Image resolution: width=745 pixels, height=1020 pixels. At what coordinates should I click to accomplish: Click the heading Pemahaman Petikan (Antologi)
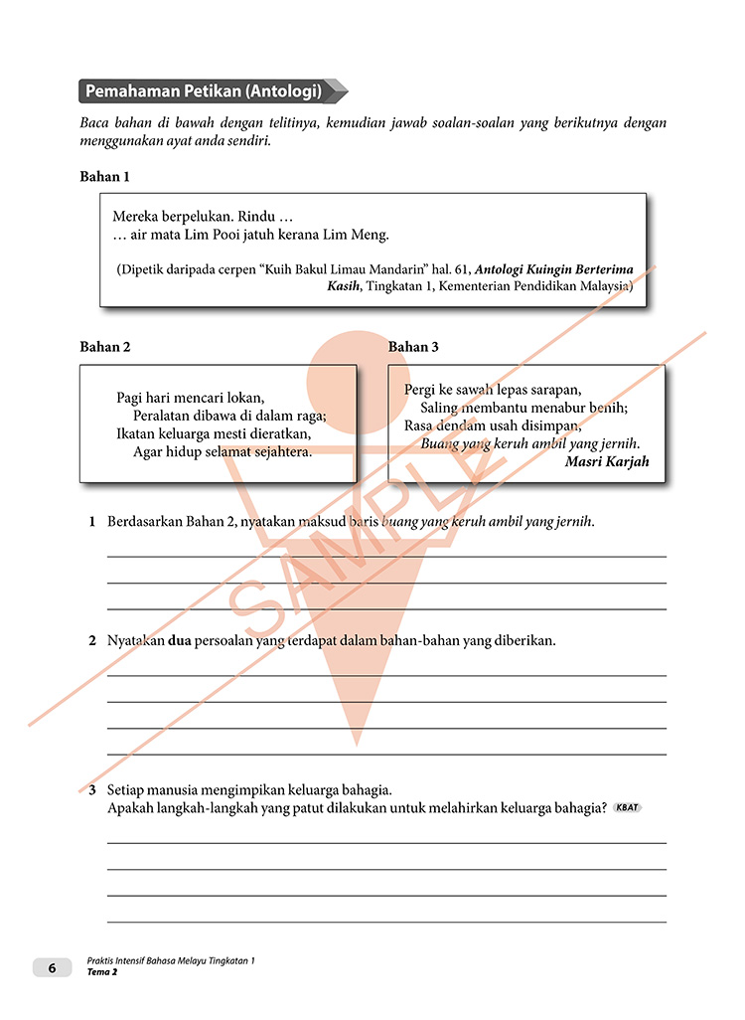[x=204, y=91]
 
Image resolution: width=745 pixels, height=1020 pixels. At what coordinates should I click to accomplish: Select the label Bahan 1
[x=104, y=177]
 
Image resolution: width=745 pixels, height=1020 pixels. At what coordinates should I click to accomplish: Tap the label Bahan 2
[x=104, y=347]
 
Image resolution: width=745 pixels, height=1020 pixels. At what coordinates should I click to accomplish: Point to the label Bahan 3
[x=413, y=347]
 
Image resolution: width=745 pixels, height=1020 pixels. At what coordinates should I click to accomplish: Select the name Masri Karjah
[x=607, y=462]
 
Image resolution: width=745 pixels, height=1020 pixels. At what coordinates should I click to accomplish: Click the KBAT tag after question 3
[x=628, y=807]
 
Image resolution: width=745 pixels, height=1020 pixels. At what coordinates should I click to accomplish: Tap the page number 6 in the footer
[x=53, y=967]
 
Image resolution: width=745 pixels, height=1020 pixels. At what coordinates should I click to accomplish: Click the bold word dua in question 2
[x=181, y=641]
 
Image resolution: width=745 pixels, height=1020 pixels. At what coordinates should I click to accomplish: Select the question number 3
[x=90, y=790]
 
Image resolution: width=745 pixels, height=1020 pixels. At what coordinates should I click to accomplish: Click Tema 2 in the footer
[x=102, y=972]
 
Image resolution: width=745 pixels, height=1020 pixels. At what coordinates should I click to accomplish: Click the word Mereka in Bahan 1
[x=136, y=216]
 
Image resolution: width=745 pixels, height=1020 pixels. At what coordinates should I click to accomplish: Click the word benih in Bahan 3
[x=608, y=408]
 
